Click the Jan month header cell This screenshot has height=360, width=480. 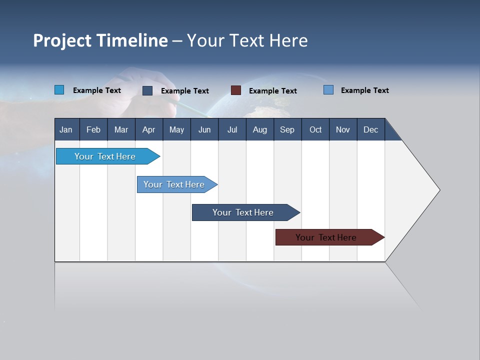point(66,129)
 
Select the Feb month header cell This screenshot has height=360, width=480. point(93,129)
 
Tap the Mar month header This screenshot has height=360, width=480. point(121,129)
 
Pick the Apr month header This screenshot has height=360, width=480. point(149,129)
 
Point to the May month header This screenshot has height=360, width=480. point(176,129)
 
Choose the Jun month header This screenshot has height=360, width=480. point(204,129)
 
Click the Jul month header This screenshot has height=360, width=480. point(232,129)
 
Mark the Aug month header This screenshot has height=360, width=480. point(260,129)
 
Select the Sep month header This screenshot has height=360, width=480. point(287,129)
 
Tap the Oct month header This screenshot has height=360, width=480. point(315,129)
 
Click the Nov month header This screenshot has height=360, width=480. point(343,129)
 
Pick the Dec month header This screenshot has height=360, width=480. point(371,129)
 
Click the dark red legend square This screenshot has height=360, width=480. point(236,90)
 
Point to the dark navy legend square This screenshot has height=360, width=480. point(147,90)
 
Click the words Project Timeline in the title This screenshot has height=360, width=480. point(100,40)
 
